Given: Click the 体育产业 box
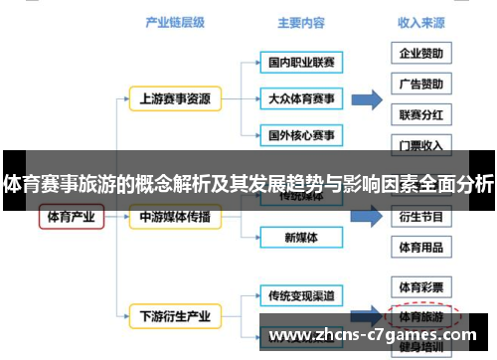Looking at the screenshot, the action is (x=72, y=217).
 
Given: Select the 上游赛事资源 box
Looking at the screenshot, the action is (x=174, y=98).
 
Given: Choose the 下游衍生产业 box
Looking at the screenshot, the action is (x=174, y=317).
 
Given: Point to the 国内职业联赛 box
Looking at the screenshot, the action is (x=301, y=63).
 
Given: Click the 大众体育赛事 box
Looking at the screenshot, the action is (x=301, y=98).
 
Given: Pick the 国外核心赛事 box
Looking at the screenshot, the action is (x=301, y=134).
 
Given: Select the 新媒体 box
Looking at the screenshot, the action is (x=301, y=238).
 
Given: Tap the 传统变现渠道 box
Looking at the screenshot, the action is (x=301, y=295).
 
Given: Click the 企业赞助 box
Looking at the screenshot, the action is (x=420, y=53).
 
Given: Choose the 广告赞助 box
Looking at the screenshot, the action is (x=420, y=84).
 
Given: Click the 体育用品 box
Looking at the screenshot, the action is (x=420, y=247).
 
